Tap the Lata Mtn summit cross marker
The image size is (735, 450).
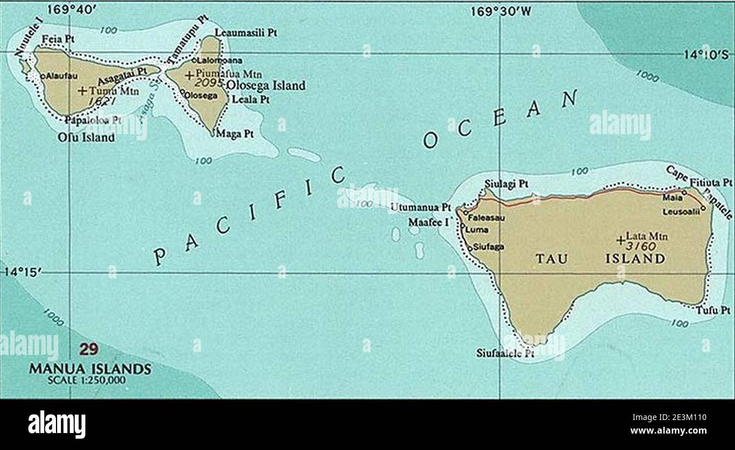[621, 241]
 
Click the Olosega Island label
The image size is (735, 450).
[265, 85]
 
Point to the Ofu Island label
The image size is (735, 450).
[86, 138]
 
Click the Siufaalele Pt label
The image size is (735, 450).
[505, 353]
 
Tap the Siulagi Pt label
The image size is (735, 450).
[507, 184]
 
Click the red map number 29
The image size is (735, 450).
[89, 349]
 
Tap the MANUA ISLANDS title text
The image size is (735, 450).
[90, 369]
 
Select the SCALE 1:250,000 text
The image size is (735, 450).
[90, 380]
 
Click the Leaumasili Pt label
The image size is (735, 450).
[245, 34]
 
